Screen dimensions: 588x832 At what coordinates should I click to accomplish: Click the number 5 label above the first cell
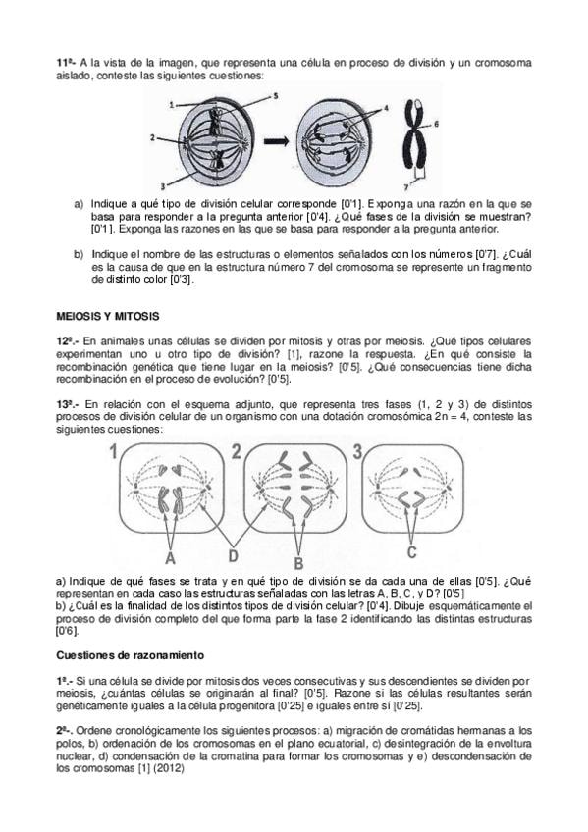276,96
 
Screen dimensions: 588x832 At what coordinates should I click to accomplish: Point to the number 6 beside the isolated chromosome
436,124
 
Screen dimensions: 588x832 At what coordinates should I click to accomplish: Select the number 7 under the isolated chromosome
406,186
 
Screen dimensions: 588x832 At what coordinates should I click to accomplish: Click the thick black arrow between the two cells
277,141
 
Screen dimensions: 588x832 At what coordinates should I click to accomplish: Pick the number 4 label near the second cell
386,108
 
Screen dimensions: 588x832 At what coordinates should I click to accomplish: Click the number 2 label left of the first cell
152,137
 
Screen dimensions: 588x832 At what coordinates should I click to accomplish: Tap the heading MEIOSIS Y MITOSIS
108,316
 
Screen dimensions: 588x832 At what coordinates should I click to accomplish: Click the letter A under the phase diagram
170,557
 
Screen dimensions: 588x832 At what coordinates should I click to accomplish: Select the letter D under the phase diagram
234,555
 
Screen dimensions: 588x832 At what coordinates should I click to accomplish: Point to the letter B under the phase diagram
298,563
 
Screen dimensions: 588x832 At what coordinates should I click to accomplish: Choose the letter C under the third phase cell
412,552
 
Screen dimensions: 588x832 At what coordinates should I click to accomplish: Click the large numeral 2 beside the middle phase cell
236,451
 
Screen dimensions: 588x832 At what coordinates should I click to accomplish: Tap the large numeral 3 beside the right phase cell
357,451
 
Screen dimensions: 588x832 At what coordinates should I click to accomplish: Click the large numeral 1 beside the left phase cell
113,452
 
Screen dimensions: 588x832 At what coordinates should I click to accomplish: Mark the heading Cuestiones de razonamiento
130,655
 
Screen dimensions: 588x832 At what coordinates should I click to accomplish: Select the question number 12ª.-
68,341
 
